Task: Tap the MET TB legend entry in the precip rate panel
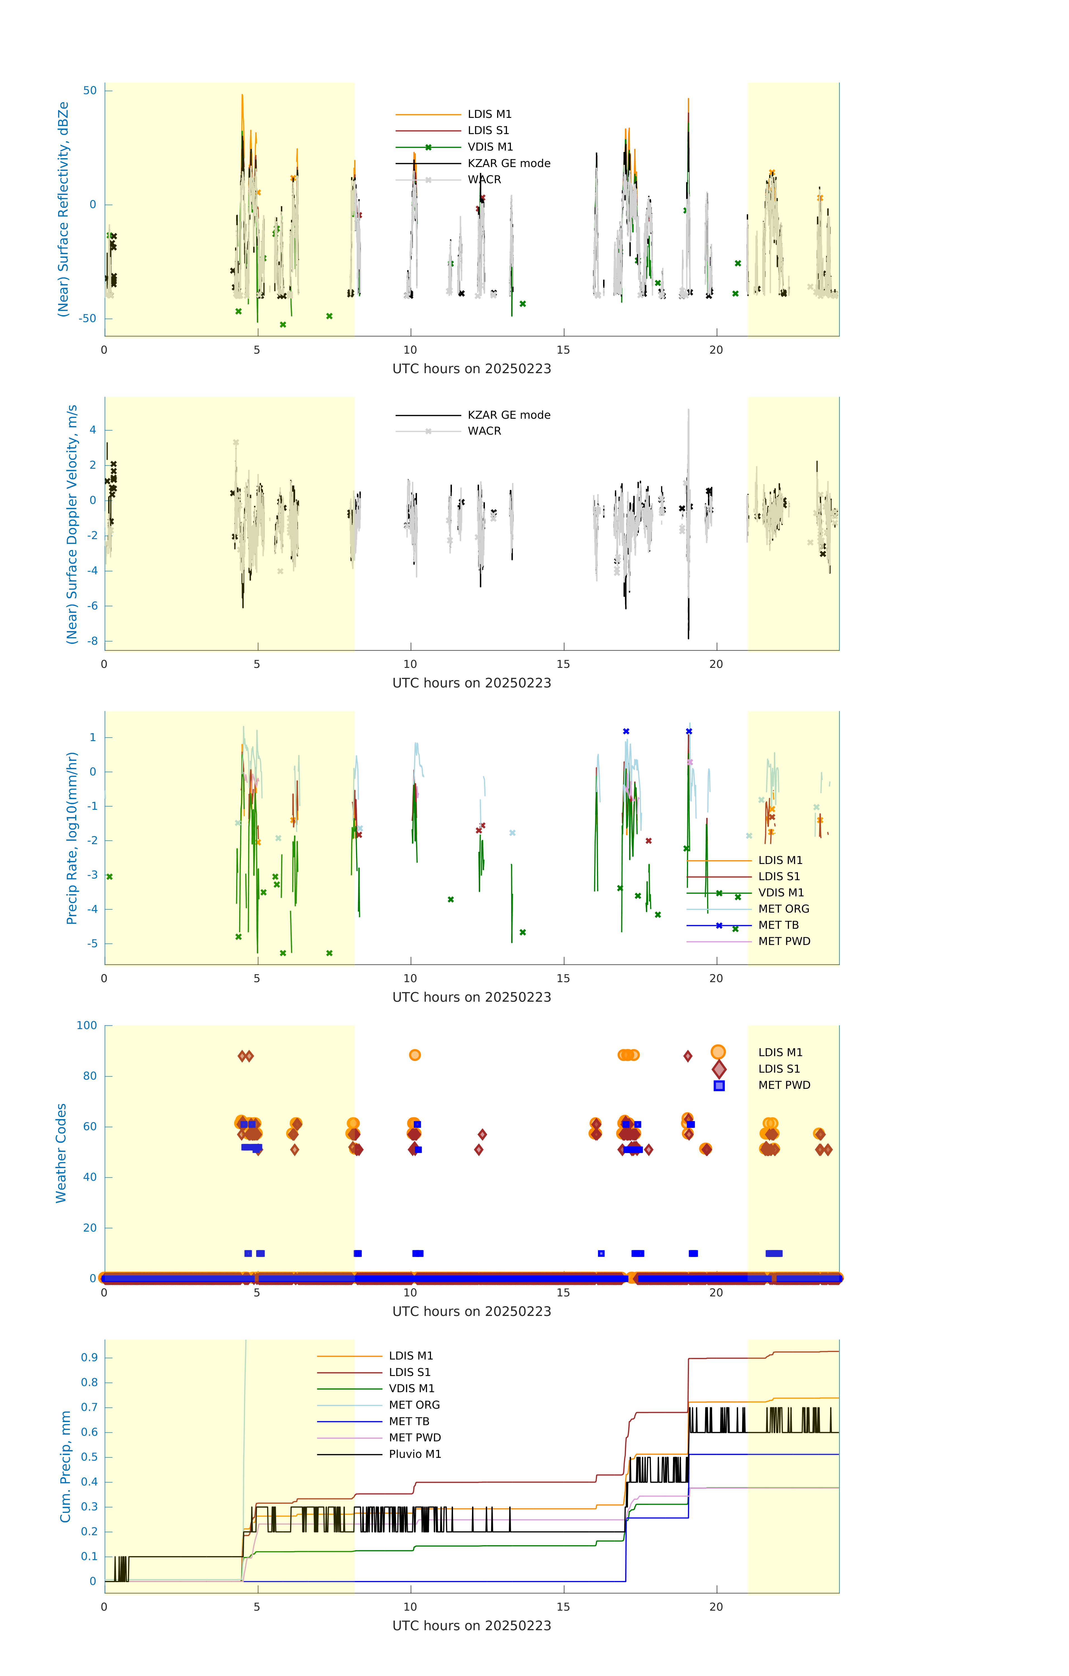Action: click(x=778, y=925)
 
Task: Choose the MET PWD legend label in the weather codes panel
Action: click(x=784, y=1085)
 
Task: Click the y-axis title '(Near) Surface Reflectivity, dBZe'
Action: click(x=63, y=209)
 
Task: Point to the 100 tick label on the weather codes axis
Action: click(x=87, y=1025)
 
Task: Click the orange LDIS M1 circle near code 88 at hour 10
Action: click(x=415, y=1055)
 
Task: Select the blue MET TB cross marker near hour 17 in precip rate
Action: click(x=626, y=732)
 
